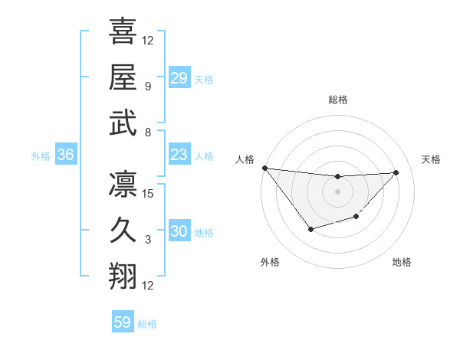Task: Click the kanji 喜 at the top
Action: tap(123, 33)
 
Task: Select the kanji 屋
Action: tap(123, 77)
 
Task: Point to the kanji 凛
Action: tap(123, 185)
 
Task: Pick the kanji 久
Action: tap(123, 231)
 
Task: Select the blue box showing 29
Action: tap(179, 77)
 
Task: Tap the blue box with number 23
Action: tap(179, 155)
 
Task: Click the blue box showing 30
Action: tap(179, 231)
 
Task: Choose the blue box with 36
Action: tap(66, 155)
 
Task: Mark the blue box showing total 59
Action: tap(123, 322)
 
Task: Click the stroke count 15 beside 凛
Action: tap(149, 194)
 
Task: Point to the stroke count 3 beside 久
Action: tap(148, 240)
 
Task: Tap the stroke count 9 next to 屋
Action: tap(148, 86)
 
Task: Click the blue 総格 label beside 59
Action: tap(147, 324)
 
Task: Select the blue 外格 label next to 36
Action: tap(41, 156)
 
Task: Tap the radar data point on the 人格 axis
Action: tap(264, 168)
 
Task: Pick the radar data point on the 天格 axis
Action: tap(396, 172)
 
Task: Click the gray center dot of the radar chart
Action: tap(337, 191)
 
